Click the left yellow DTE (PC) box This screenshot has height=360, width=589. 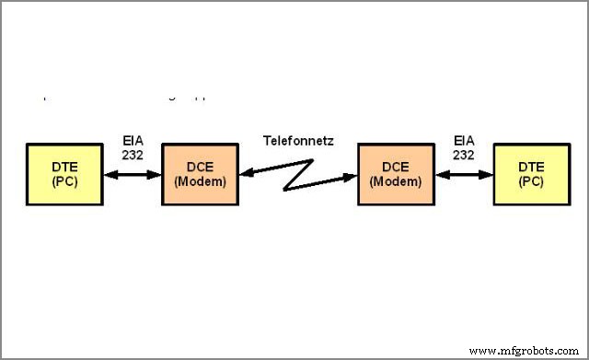point(64,174)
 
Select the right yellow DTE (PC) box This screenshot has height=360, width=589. point(531,174)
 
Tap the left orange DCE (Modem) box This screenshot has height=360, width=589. point(199,174)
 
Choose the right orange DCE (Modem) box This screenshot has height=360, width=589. point(396,174)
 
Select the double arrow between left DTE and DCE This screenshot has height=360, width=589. point(132,174)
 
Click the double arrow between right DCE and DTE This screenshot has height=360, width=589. point(464,174)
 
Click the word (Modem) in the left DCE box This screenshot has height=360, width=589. point(199,181)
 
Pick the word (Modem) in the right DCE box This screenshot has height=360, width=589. point(396,181)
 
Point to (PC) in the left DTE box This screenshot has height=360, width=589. point(64,181)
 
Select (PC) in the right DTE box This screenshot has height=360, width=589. point(531,181)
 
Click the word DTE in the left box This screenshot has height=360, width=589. point(64,167)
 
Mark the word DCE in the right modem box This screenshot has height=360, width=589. point(396,167)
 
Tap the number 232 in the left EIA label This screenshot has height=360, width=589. point(133,155)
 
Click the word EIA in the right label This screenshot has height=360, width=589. point(465,141)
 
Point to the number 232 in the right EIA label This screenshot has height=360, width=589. point(465,155)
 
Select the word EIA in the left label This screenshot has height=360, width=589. point(133,141)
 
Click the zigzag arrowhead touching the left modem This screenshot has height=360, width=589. point(245,172)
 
